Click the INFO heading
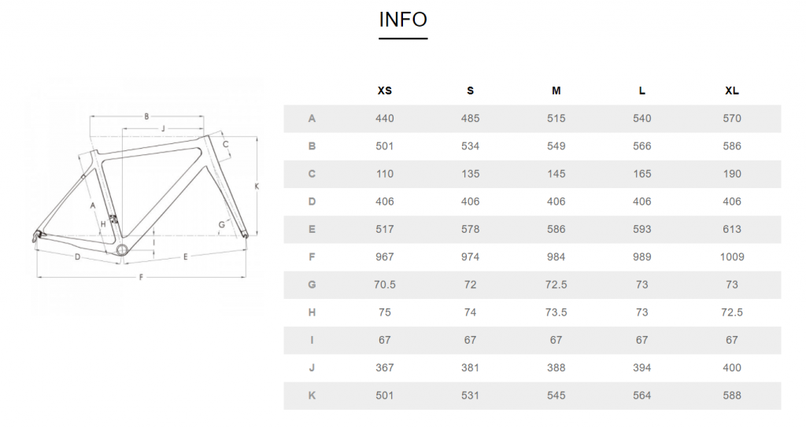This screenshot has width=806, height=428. (403, 20)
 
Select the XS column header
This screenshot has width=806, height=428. (384, 91)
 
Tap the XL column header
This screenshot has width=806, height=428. (732, 91)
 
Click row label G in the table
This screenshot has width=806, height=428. (312, 285)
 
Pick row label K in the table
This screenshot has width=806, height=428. (312, 396)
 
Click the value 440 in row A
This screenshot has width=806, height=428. (384, 119)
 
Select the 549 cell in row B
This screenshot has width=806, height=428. (556, 146)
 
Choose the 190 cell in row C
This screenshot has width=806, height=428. (732, 174)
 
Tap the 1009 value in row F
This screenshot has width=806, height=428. (732, 257)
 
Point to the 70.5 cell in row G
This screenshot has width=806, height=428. (384, 285)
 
